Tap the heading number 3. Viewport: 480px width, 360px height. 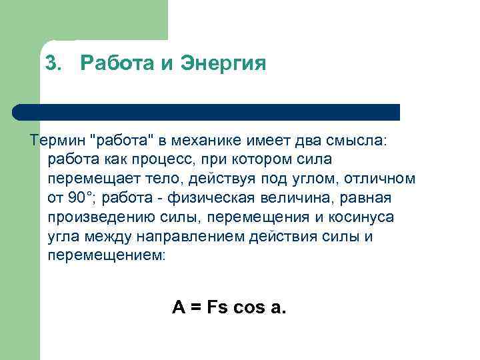click(x=51, y=63)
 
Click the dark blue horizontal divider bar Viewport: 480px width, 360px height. click(x=207, y=111)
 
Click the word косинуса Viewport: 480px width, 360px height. click(x=359, y=218)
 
